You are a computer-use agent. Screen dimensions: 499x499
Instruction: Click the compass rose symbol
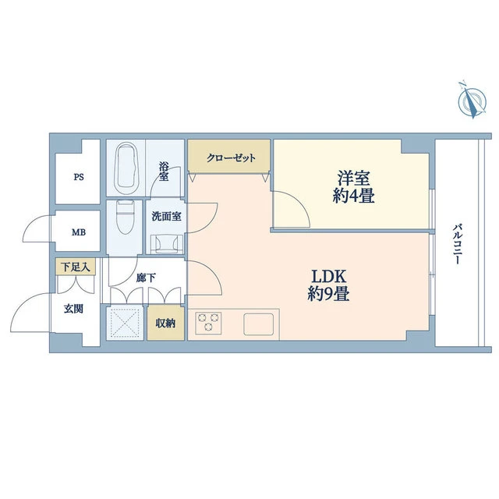coord(472,101)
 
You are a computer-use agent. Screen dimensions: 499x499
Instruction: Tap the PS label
coord(79,177)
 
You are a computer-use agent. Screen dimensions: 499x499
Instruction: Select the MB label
coord(79,232)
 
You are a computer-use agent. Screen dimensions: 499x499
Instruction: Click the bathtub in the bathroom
coord(126,168)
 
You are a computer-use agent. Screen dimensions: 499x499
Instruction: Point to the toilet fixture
coord(125,217)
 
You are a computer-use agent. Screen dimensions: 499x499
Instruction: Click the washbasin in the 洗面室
coord(165,244)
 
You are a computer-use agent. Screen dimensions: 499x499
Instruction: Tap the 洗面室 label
coord(166,217)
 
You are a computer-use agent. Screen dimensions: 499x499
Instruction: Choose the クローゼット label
coord(231,157)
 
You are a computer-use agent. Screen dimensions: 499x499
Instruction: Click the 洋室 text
coord(353,178)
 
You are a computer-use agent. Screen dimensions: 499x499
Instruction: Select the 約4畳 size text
coord(353,196)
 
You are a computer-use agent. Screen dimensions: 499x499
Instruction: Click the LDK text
coord(328,276)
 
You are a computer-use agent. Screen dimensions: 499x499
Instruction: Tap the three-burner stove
coord(208,323)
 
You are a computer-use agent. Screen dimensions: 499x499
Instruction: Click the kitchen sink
coord(258,324)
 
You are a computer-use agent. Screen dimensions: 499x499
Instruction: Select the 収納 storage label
coord(165,324)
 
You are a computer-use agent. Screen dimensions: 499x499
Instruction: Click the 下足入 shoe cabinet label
coord(76,267)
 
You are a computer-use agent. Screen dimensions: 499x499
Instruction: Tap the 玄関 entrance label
coord(73,309)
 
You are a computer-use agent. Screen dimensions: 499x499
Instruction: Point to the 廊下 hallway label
coord(146,278)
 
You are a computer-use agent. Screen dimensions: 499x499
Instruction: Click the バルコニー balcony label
coord(458,244)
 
